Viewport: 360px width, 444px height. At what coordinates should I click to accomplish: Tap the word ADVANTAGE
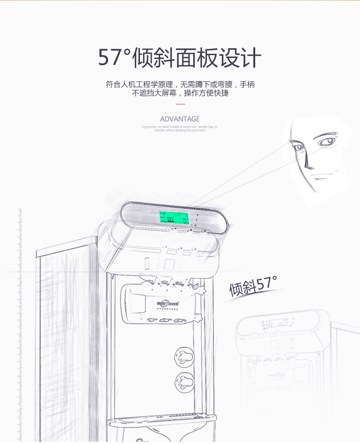pyautogui.click(x=180, y=119)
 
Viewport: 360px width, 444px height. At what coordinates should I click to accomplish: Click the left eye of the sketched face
pyautogui.click(x=298, y=147)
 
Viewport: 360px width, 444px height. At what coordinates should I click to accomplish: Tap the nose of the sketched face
pyautogui.click(x=310, y=162)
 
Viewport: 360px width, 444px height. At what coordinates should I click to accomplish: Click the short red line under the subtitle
pyautogui.click(x=180, y=104)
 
